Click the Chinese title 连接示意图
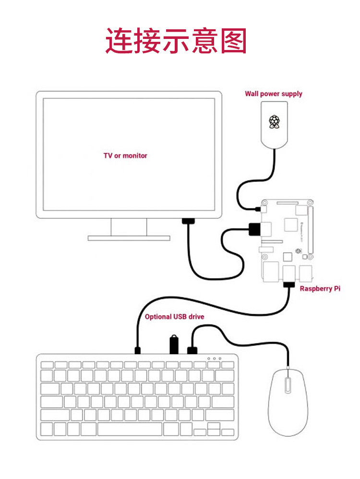(176, 41)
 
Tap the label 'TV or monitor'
(125, 156)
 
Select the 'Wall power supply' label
(274, 94)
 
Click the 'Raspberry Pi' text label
(320, 289)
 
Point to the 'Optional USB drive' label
(174, 317)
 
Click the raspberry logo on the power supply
(274, 122)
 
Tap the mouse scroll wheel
(287, 385)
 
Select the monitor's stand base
(129, 237)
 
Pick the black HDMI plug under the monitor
(188, 221)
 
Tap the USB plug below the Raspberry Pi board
(289, 284)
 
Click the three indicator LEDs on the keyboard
(214, 358)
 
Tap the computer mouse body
(288, 402)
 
